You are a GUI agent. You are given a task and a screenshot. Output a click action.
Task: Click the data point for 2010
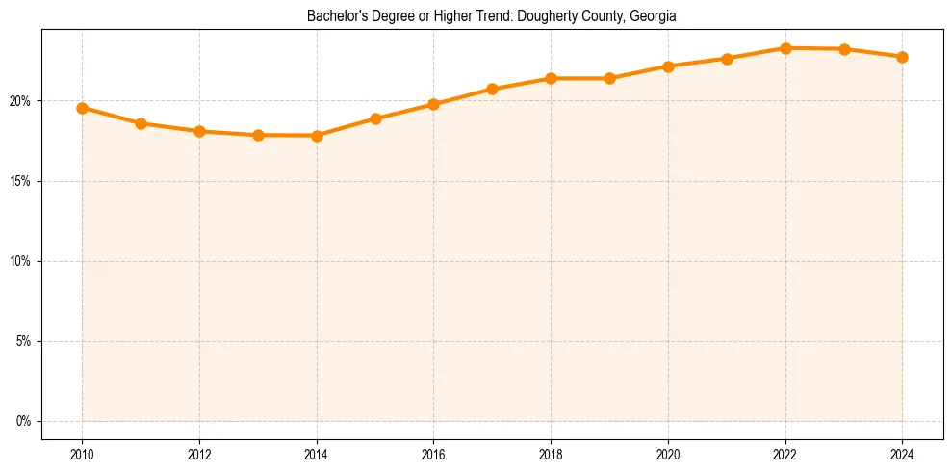pos(82,108)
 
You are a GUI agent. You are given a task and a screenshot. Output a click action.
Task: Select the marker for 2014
pos(317,136)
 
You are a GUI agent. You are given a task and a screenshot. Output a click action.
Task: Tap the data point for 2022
pos(785,48)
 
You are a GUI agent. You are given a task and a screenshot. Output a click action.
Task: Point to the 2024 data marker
pos(902,57)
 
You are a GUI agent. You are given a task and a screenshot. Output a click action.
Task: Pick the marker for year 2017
pos(492,89)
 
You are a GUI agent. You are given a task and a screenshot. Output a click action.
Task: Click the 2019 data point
pos(609,78)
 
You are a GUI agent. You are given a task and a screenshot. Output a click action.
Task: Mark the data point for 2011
pos(141,123)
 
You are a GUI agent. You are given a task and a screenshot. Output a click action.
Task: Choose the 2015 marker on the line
pos(375,118)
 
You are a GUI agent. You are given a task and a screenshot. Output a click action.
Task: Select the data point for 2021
pos(727,59)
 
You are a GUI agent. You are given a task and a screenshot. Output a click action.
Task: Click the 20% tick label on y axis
pos(21,101)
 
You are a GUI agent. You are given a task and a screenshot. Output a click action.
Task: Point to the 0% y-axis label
pos(24,421)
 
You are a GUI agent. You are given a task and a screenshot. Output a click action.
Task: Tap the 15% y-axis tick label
pos(21,181)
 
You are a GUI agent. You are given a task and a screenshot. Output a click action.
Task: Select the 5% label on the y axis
pos(24,341)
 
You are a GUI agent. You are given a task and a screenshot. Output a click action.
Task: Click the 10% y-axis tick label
pos(21,261)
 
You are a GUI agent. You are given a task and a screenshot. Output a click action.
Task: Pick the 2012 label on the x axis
pos(199,454)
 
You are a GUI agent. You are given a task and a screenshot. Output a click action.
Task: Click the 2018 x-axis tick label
pos(551,454)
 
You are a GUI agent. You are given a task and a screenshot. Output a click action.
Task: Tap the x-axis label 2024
pos(902,454)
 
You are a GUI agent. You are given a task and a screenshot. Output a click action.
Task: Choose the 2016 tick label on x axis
pos(433,454)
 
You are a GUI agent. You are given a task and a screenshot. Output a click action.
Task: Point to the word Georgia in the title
pos(655,16)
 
